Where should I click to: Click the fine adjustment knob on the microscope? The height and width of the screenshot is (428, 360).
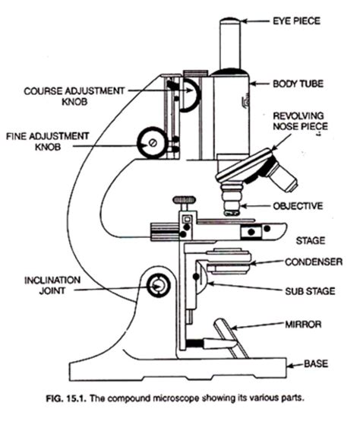pyautogui.click(x=153, y=141)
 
